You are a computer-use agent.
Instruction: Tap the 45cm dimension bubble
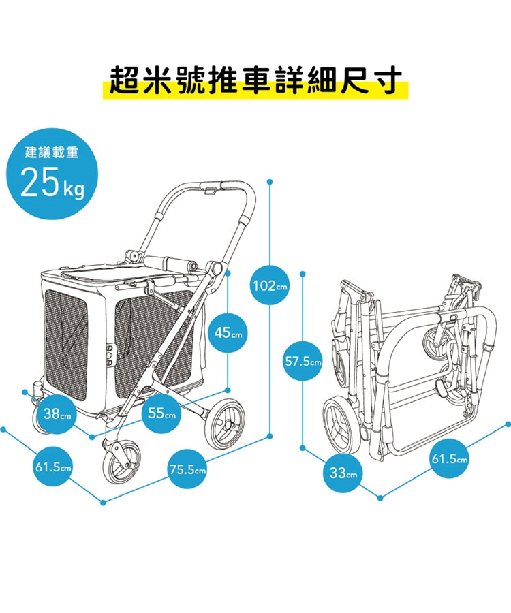click(228, 333)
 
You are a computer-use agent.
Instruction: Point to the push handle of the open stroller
click(211, 186)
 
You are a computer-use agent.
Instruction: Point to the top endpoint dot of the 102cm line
click(270, 182)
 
